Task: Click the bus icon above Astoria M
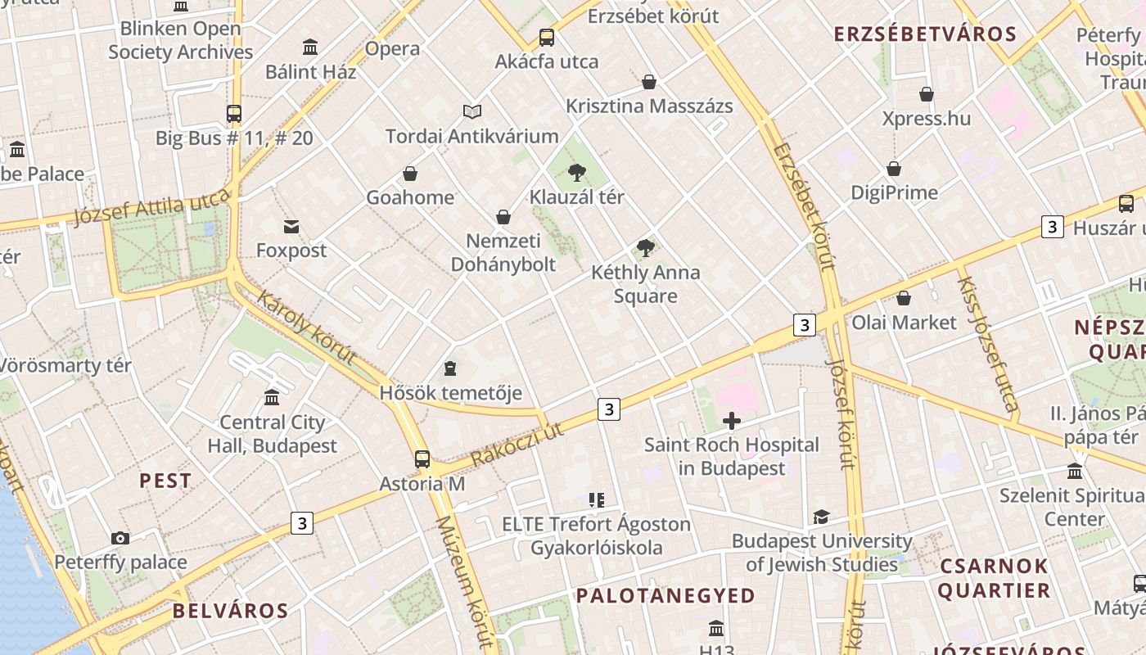point(422,459)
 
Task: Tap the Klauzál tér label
point(576,197)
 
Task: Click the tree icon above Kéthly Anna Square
point(646,248)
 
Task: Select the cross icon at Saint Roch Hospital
point(732,421)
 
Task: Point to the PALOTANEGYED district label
point(665,595)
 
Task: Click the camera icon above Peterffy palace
point(120,538)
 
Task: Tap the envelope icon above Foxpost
point(291,227)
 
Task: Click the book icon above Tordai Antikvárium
point(471,112)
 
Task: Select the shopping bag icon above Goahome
point(410,174)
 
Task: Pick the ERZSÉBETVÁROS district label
point(925,34)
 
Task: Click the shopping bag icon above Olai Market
point(904,298)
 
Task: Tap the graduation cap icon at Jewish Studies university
point(821,517)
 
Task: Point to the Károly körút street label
point(306,327)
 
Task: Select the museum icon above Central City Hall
point(272,398)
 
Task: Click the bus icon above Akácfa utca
point(546,38)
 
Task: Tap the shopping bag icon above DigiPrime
point(894,169)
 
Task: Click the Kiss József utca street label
point(988,344)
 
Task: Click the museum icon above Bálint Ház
point(310,47)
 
